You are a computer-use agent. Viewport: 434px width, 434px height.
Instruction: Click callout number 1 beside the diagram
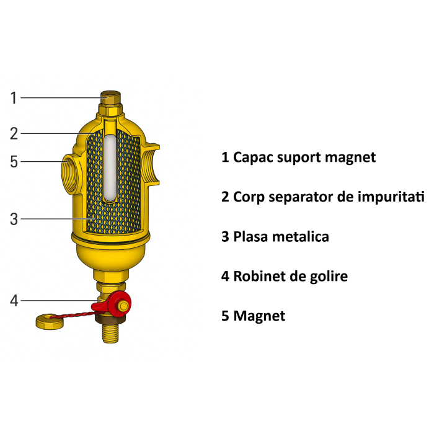coord(14,97)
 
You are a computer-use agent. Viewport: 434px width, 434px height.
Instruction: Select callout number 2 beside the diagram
coord(14,133)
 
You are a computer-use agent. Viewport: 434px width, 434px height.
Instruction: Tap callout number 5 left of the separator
coord(14,162)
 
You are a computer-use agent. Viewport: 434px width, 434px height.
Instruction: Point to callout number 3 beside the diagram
coord(14,218)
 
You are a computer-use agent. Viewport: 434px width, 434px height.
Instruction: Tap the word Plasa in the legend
coord(250,237)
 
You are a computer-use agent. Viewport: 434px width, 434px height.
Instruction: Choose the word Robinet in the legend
coord(260,276)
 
